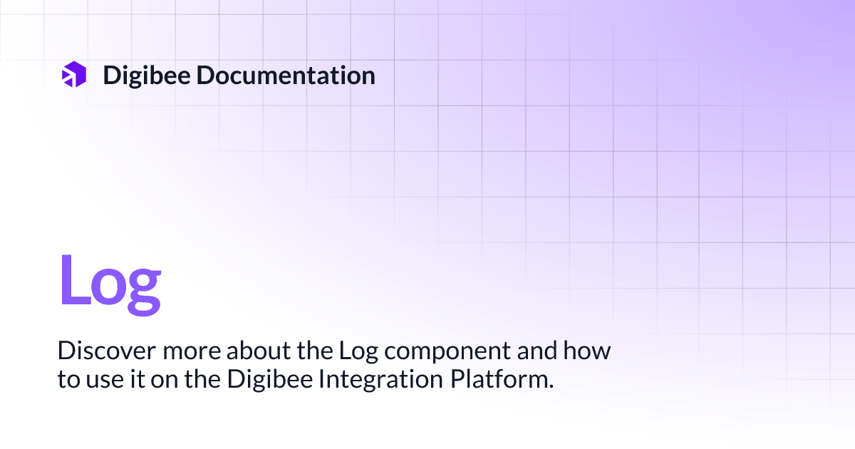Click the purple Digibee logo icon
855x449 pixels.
pos(74,75)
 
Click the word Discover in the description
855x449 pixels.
pos(98,351)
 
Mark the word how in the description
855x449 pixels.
pos(589,351)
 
